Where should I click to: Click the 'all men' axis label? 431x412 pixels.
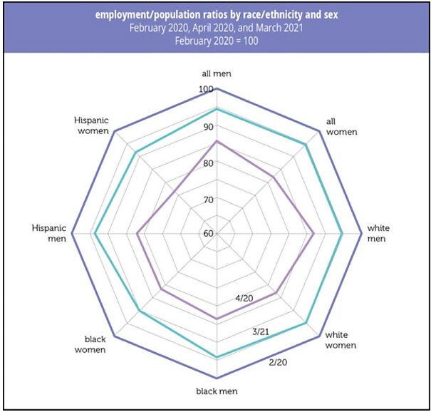coord(217,73)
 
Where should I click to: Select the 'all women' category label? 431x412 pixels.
coord(341,127)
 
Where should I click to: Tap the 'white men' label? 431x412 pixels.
coord(378,233)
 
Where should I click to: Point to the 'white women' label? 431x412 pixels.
coord(341,340)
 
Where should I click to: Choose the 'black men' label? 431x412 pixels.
coord(217,391)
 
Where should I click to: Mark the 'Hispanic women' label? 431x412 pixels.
coord(91,125)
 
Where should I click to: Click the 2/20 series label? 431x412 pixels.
coord(278,363)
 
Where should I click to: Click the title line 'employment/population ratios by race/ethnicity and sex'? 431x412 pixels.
coord(217,15)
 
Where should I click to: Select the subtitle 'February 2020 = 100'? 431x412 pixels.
coord(217,41)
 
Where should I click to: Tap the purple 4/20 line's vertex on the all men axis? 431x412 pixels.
coord(217,141)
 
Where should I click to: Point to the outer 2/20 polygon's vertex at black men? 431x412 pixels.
coord(217,378)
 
